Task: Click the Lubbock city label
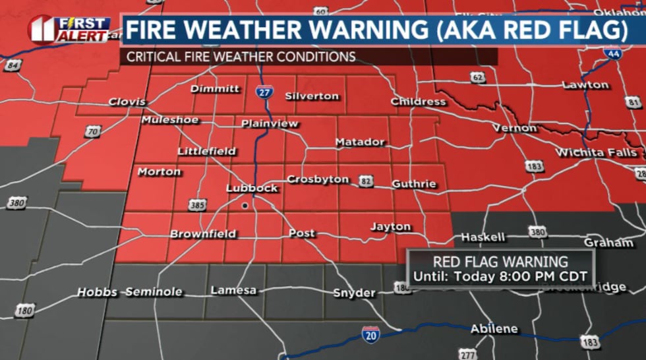pyautogui.click(x=252, y=188)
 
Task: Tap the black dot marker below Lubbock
pyautogui.click(x=245, y=206)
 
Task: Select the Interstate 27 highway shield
pyautogui.click(x=264, y=92)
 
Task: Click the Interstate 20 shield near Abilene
pyautogui.click(x=371, y=334)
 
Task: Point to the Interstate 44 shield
pyautogui.click(x=613, y=53)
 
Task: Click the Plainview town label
pyautogui.click(x=270, y=123)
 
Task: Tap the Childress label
pyautogui.click(x=418, y=102)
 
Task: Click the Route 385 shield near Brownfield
pyautogui.click(x=196, y=205)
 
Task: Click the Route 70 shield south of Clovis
pyautogui.click(x=93, y=132)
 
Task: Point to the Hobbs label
pyautogui.click(x=97, y=291)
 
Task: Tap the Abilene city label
pyautogui.click(x=494, y=328)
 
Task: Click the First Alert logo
pyautogui.click(x=69, y=30)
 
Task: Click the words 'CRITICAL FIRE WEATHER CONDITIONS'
pyautogui.click(x=241, y=57)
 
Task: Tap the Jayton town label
pyautogui.click(x=390, y=227)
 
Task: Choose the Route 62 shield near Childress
pyautogui.click(x=479, y=77)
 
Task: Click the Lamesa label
pyautogui.click(x=233, y=290)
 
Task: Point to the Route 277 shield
pyautogui.click(x=467, y=354)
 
